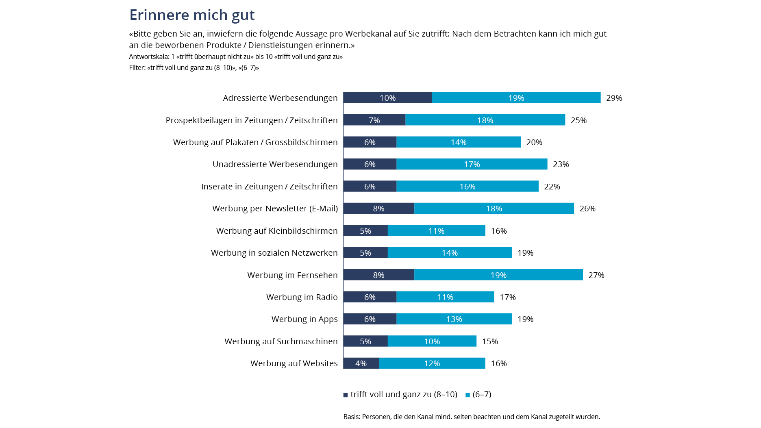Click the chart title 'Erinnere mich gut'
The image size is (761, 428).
point(192,15)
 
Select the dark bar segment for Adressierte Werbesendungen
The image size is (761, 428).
point(387,98)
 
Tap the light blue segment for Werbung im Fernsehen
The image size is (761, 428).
point(498,275)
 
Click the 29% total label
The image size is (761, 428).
point(614,98)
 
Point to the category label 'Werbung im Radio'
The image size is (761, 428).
point(302,297)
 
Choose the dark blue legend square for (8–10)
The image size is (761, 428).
point(346,395)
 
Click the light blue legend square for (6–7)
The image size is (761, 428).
point(467,395)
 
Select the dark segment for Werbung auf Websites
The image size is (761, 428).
point(361,363)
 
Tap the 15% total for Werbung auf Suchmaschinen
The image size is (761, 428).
point(490,341)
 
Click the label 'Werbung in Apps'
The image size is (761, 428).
point(304,319)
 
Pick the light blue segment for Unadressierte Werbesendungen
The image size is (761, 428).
point(472,164)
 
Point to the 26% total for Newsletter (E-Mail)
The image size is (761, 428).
point(587,209)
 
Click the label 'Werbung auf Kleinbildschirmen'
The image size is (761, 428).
point(277,231)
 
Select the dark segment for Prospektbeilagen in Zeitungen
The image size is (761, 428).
point(374,120)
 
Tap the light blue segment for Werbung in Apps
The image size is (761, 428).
point(454,319)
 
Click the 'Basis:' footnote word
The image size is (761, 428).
point(352,417)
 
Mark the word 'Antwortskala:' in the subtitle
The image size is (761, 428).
point(149,56)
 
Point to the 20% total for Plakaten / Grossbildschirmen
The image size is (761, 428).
point(534,142)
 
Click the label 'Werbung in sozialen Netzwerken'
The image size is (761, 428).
point(274,253)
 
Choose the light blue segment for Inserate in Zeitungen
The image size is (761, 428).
point(467,187)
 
